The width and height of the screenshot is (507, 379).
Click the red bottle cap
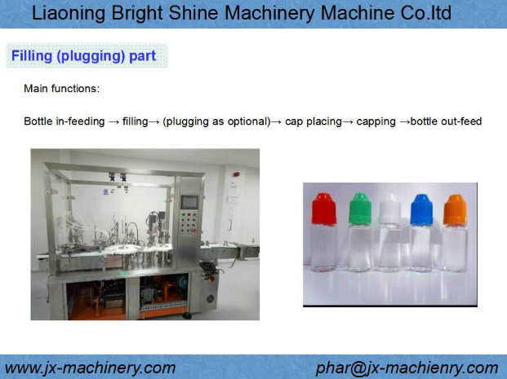coord(324,209)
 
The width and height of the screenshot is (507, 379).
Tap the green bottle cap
coord(360,209)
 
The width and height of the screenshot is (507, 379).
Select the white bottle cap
coord(390,209)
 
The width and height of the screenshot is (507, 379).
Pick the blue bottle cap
coord(421,209)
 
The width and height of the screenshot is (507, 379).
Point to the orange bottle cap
coord(456,209)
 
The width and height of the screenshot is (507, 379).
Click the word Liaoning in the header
coord(69,14)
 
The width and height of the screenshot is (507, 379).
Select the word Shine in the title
coord(193,13)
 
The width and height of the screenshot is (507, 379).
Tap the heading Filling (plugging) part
coord(84,56)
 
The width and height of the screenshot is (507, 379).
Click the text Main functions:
coord(62,89)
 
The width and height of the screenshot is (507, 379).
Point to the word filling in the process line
coord(136,121)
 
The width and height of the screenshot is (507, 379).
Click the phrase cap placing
coord(314,121)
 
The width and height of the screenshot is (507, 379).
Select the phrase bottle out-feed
coord(447,121)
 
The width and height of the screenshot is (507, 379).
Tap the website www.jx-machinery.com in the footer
coord(90,368)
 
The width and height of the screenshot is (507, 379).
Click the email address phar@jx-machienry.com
coord(407,368)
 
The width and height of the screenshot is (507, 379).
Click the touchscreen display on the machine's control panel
coord(189,202)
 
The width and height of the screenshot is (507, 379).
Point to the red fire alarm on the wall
coord(237,174)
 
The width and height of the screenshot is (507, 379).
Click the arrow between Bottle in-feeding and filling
coord(113,122)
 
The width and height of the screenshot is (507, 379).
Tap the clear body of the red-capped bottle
coord(323,248)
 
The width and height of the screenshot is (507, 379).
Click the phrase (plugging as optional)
coord(216,121)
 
